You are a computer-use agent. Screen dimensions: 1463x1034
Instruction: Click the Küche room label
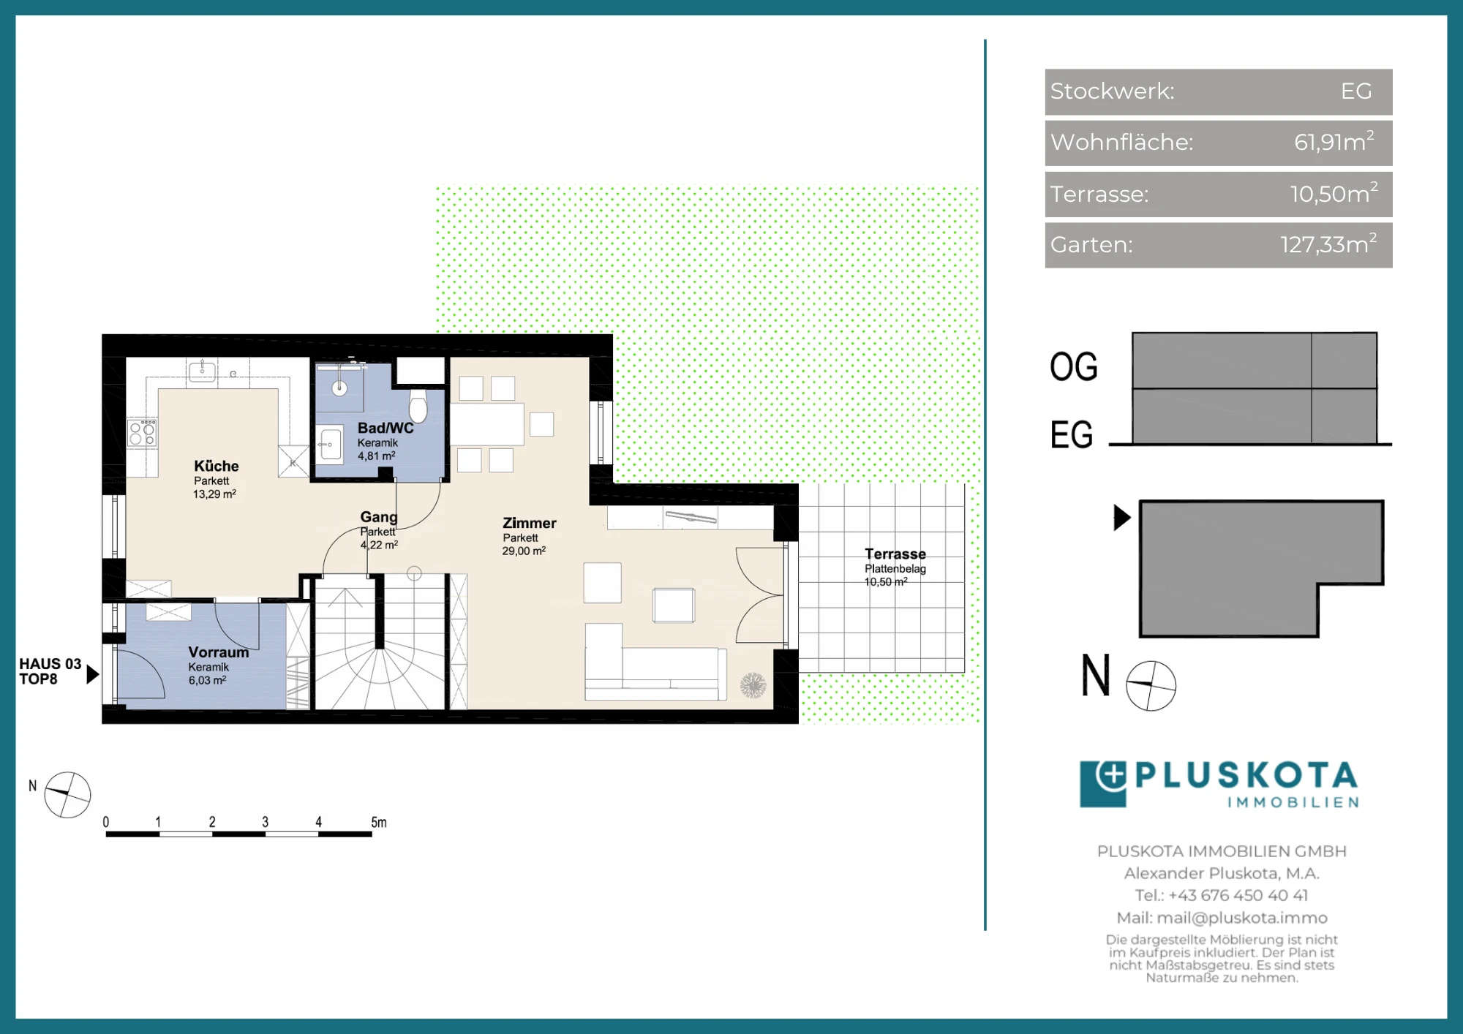click(217, 466)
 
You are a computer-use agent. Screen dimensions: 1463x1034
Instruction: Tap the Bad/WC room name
click(386, 428)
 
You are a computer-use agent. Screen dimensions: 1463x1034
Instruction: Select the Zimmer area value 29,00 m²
click(524, 551)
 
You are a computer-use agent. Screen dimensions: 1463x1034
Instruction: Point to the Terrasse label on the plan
click(895, 554)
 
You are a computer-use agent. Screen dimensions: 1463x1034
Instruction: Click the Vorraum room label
click(219, 652)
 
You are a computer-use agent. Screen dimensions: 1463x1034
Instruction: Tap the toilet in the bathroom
click(418, 406)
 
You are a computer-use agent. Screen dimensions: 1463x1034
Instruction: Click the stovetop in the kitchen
click(143, 432)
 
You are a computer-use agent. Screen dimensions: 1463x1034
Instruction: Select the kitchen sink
click(203, 371)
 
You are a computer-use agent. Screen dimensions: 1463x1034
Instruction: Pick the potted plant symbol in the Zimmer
click(753, 685)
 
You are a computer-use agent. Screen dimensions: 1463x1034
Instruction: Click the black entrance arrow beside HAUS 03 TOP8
click(92, 673)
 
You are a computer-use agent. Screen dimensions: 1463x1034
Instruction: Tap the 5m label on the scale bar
click(379, 822)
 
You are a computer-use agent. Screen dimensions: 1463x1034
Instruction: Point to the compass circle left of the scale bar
click(67, 794)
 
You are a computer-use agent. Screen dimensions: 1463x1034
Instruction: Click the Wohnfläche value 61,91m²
click(1334, 141)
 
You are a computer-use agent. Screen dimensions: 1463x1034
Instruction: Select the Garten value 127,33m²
click(1328, 244)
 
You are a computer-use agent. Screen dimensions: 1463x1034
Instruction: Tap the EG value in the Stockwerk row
click(1356, 91)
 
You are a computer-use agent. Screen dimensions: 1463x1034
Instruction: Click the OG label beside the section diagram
click(1074, 366)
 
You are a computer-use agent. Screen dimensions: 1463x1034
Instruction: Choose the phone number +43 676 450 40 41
click(1238, 895)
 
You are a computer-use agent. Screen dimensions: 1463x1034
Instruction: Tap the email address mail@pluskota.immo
click(1242, 918)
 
